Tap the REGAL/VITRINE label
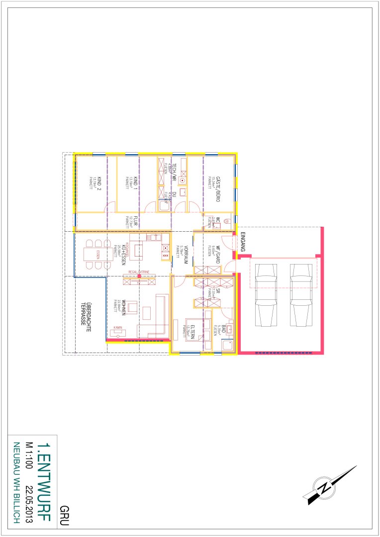(x=139, y=272)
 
